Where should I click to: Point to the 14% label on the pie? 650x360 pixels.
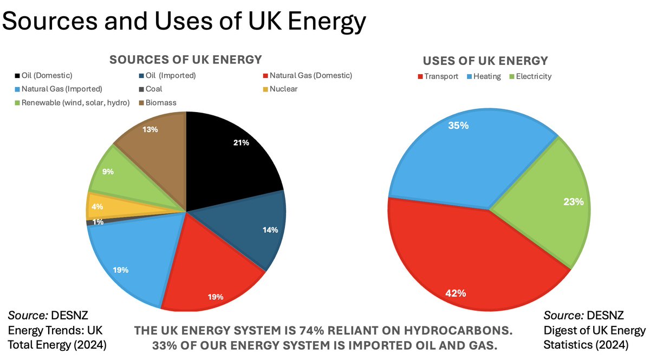point(270,230)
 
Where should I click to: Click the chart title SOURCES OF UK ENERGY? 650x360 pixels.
point(186,60)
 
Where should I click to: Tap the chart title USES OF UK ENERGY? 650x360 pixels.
point(485,61)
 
